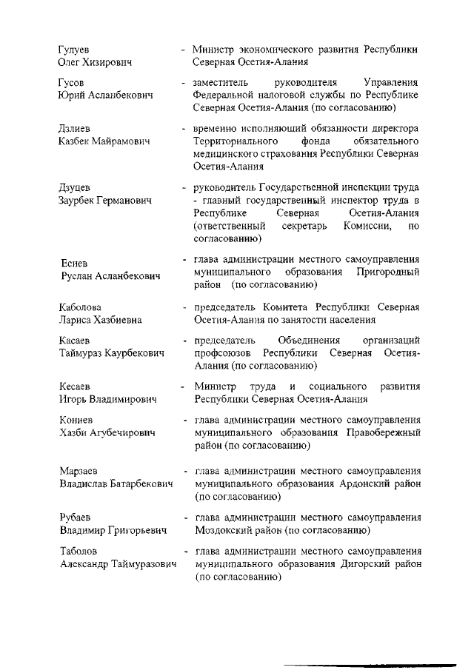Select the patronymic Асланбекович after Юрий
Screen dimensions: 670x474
(116, 96)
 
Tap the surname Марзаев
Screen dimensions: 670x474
(79, 471)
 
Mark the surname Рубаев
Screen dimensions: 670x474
(76, 517)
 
